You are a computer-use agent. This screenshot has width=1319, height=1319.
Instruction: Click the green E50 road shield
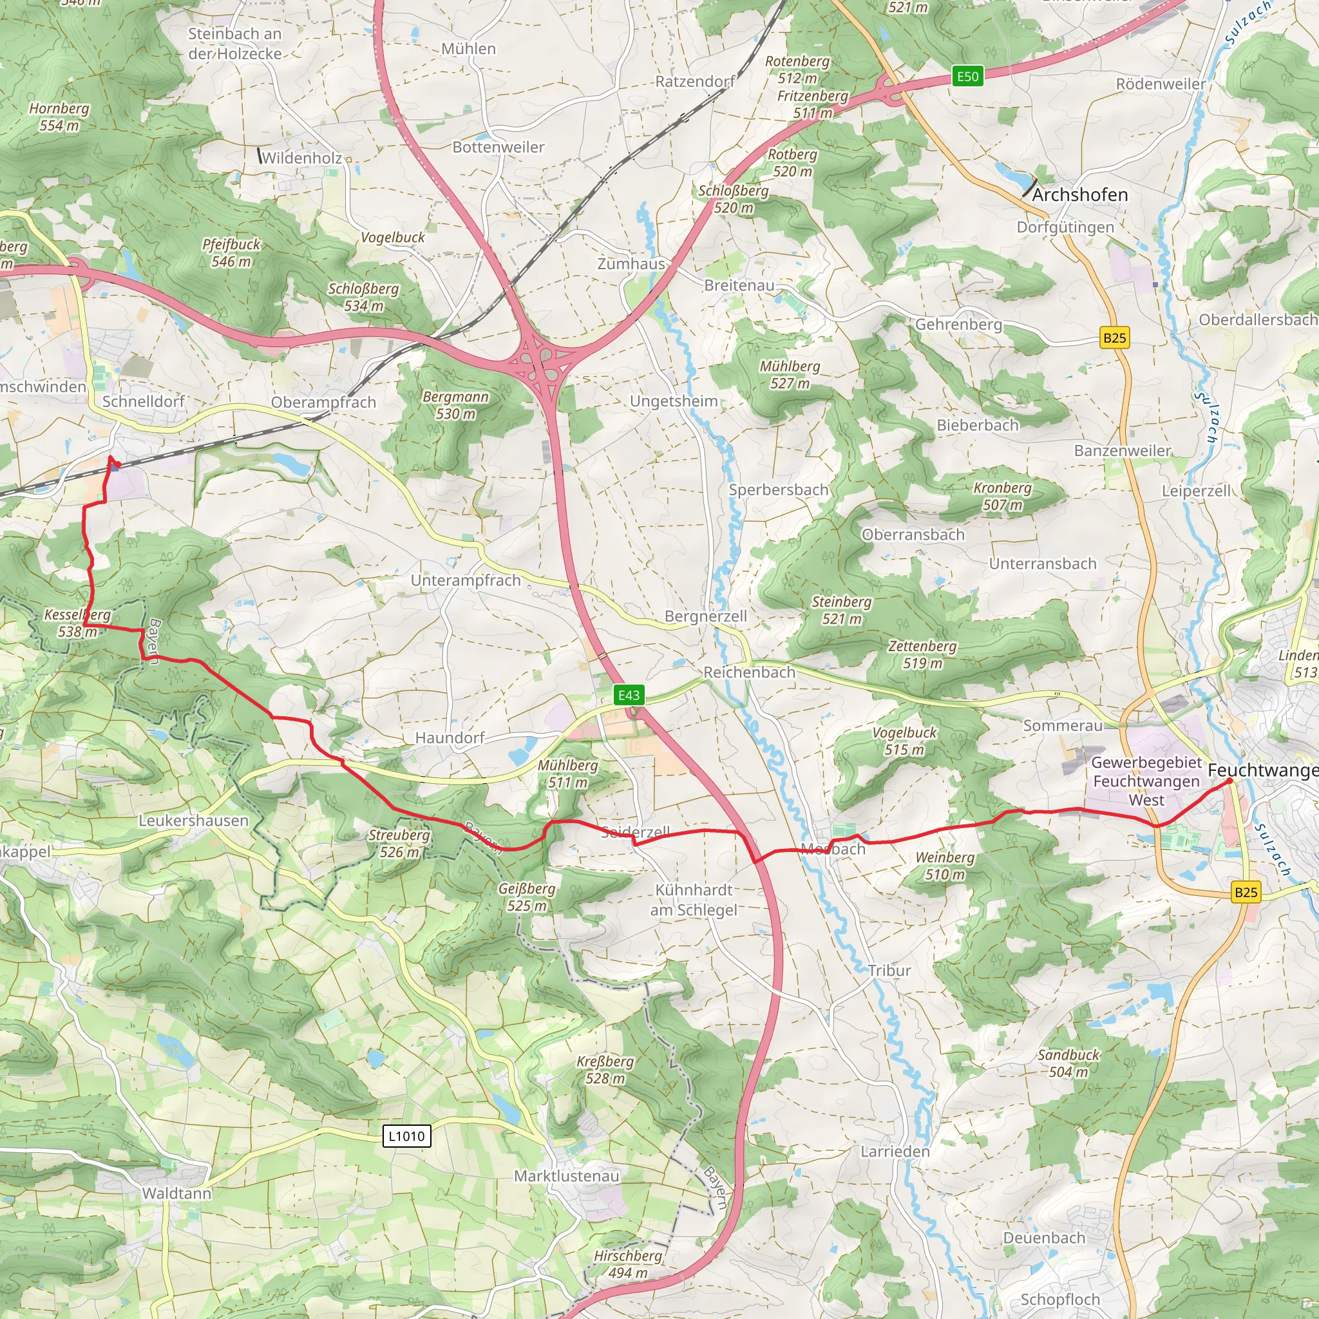967,77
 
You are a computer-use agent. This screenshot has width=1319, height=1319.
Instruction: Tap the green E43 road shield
628,695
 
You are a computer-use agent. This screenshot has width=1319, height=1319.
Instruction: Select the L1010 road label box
406,1136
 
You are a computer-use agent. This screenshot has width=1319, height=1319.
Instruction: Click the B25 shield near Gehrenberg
1114,337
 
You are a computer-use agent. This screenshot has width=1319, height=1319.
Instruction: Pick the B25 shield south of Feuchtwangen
1246,891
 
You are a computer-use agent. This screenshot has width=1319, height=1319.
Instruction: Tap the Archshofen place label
1079,195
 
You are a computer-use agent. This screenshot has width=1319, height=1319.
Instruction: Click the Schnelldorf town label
144,401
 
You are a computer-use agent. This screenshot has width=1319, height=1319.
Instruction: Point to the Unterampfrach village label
466,580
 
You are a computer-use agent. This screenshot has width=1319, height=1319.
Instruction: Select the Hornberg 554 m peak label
59,117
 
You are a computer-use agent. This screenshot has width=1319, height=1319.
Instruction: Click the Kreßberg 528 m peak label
605,1070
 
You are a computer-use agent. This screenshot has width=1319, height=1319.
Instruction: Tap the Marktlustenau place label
567,1176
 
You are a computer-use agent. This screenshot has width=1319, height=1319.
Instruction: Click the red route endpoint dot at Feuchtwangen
1229,781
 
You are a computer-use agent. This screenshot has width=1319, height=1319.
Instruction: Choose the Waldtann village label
177,1193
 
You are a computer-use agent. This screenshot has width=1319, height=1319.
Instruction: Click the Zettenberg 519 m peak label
922,654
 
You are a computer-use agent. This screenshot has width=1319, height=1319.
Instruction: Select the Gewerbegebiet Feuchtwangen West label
1146,781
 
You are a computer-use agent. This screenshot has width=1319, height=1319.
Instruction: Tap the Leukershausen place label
193,821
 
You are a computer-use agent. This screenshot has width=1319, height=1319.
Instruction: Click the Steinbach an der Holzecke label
235,44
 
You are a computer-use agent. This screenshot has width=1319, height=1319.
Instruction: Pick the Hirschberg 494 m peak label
628,1264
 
